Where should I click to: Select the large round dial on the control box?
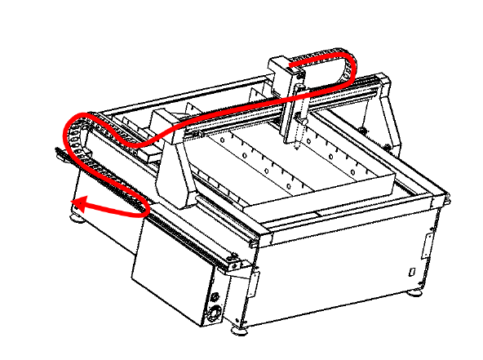point(215,313)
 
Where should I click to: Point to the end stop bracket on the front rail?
point(234,263)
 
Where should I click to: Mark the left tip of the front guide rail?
point(57,150)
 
